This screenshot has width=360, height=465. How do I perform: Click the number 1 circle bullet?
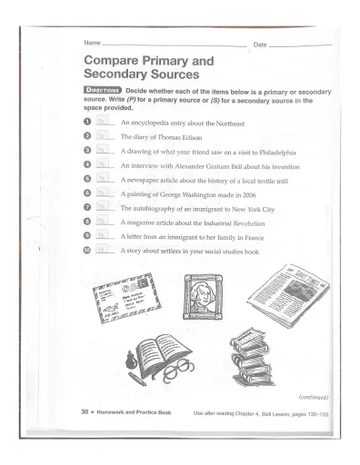(x=87, y=121)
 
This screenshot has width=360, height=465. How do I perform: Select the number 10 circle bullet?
(x=87, y=249)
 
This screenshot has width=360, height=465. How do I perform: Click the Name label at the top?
(x=91, y=44)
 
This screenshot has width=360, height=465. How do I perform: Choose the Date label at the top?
(x=260, y=44)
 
